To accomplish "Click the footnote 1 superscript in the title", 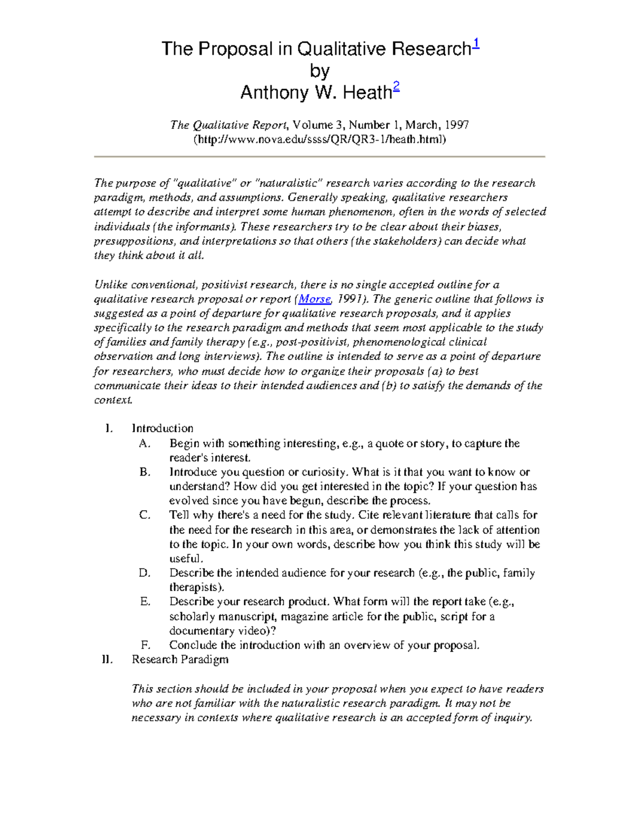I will coord(476,45).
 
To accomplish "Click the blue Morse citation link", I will coord(315,299).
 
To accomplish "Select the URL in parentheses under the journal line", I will coord(319,139).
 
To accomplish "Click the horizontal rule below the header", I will coord(319,157).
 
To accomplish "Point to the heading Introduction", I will coord(162,428).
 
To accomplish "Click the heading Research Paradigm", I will coord(180,660).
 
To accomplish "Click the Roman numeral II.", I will coord(107,660).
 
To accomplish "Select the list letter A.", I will coord(144,444).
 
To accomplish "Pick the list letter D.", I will coord(145,573).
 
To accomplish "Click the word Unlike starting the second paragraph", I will coord(110,285).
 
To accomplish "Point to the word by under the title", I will coord(319,71).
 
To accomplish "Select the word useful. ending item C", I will coord(186,559).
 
